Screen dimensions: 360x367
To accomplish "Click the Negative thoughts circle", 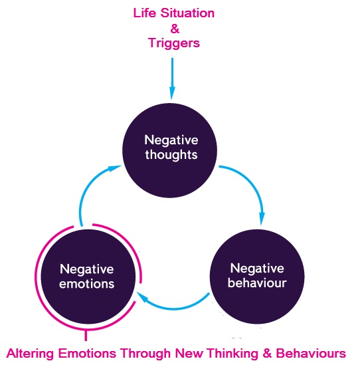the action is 170,150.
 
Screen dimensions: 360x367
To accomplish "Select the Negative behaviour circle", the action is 257,277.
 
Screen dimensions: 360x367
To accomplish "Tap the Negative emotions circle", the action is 88,277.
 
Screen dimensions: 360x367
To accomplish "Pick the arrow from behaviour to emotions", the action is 173,308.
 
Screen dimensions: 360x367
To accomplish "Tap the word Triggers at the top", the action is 174,43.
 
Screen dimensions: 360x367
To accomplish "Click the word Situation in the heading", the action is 187,13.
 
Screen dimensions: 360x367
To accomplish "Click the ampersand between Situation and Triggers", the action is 175,29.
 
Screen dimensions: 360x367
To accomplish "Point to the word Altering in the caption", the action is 31,353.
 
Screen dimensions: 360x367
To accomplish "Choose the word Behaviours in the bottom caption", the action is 311,353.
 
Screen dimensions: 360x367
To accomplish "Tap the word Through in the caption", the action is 145,353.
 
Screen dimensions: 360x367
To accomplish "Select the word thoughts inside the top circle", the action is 171,155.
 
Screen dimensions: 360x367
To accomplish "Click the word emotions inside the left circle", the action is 87,284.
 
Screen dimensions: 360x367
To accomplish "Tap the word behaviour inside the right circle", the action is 257,283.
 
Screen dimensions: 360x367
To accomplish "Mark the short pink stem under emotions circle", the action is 86,335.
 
